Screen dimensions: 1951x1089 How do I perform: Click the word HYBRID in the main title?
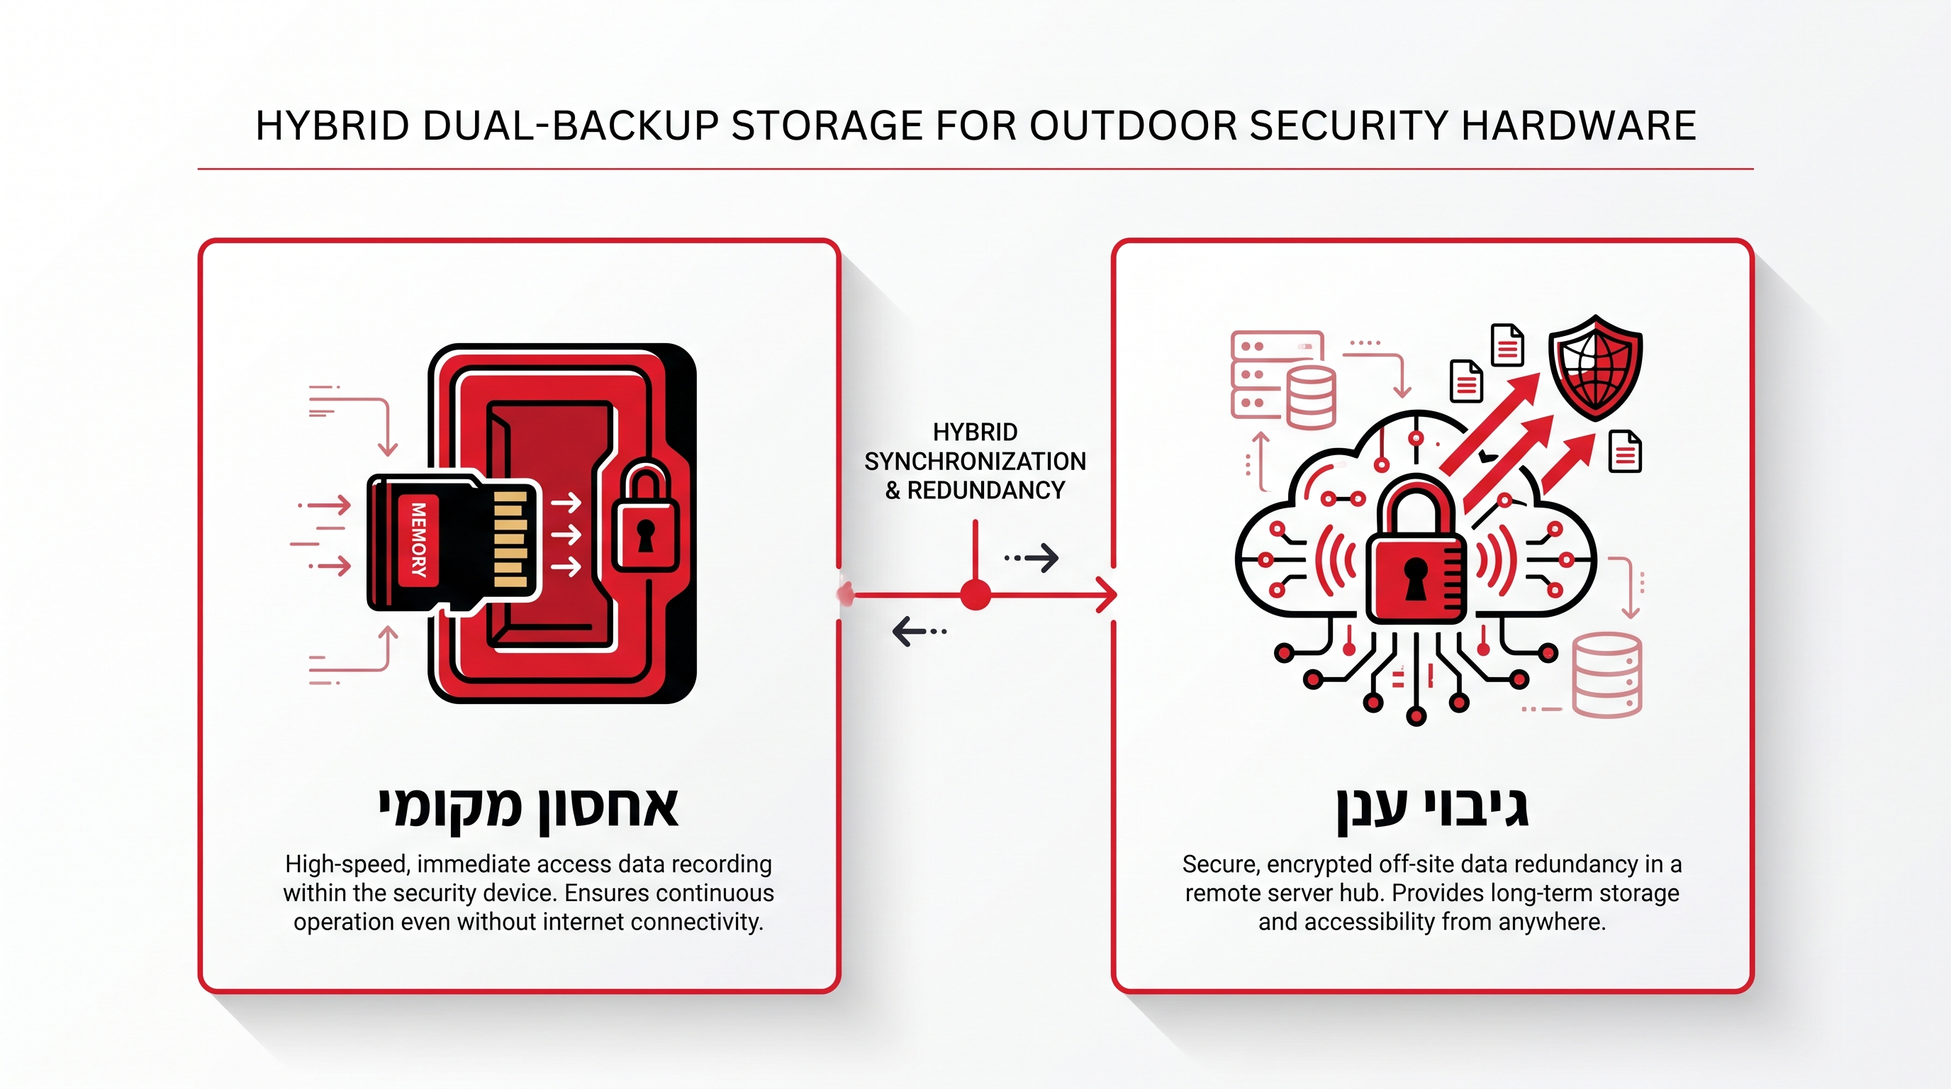[332, 125]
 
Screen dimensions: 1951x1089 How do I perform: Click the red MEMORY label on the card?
[418, 540]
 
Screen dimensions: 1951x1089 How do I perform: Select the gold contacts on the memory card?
[510, 540]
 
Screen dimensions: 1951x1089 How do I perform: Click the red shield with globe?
[1595, 367]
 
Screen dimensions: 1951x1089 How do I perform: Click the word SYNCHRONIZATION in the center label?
[975, 462]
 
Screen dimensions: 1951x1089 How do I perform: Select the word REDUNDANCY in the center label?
[986, 491]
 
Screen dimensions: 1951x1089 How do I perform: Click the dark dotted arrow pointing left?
[919, 631]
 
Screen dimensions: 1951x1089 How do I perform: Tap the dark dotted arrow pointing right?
[1032, 558]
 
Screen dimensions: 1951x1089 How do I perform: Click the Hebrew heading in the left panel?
[528, 810]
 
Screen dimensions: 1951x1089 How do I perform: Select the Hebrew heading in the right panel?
[1432, 810]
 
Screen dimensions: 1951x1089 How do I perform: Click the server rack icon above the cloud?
[1277, 375]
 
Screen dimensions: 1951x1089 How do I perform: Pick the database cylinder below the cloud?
[1607, 675]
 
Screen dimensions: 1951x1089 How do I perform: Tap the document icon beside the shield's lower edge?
[1625, 452]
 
